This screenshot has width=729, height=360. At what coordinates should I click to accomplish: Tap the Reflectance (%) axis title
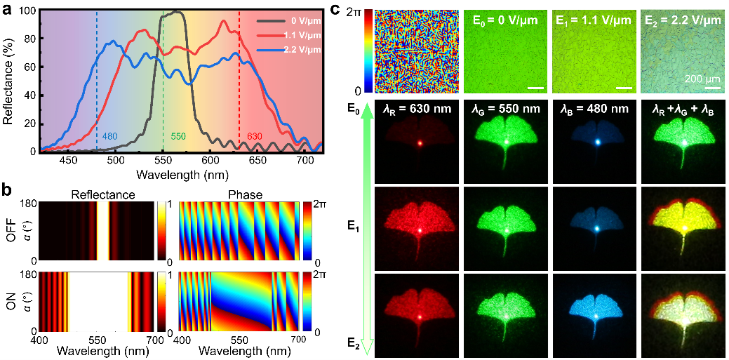tap(8, 81)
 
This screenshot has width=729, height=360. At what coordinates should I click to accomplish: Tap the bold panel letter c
tap(335, 10)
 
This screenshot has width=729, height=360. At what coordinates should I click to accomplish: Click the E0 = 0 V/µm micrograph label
tap(503, 20)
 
